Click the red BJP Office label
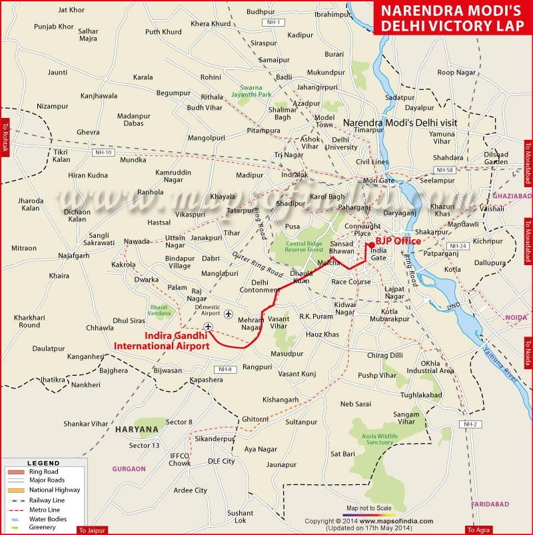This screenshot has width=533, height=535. pyautogui.click(x=398, y=241)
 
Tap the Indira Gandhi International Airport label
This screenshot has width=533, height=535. pyautogui.click(x=162, y=340)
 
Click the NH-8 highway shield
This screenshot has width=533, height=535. pyautogui.click(x=223, y=368)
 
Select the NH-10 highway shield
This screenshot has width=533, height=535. pyautogui.click(x=104, y=153)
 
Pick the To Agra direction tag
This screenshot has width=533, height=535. pyautogui.click(x=479, y=530)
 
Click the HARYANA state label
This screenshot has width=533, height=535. pyautogui.click(x=137, y=428)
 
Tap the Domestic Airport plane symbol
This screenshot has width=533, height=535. pyautogui.click(x=229, y=313)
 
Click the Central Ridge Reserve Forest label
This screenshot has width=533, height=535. pyautogui.click(x=304, y=247)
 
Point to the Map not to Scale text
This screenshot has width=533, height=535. pyautogui.click(x=369, y=508)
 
